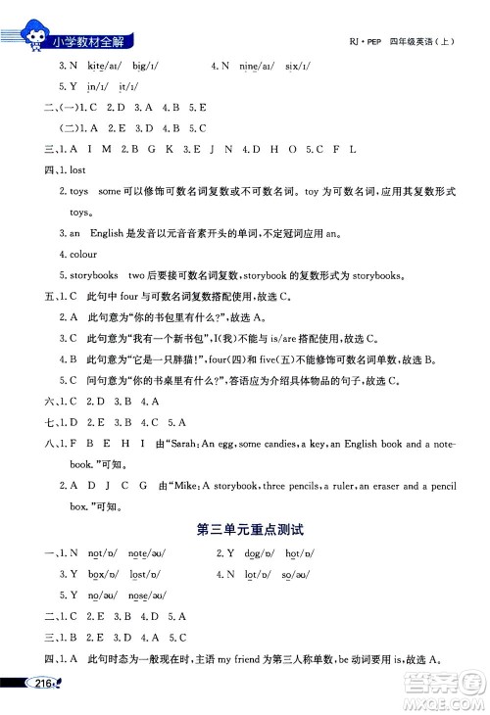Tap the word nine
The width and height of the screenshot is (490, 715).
click(251, 66)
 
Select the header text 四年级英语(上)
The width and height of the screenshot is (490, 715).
click(423, 44)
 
